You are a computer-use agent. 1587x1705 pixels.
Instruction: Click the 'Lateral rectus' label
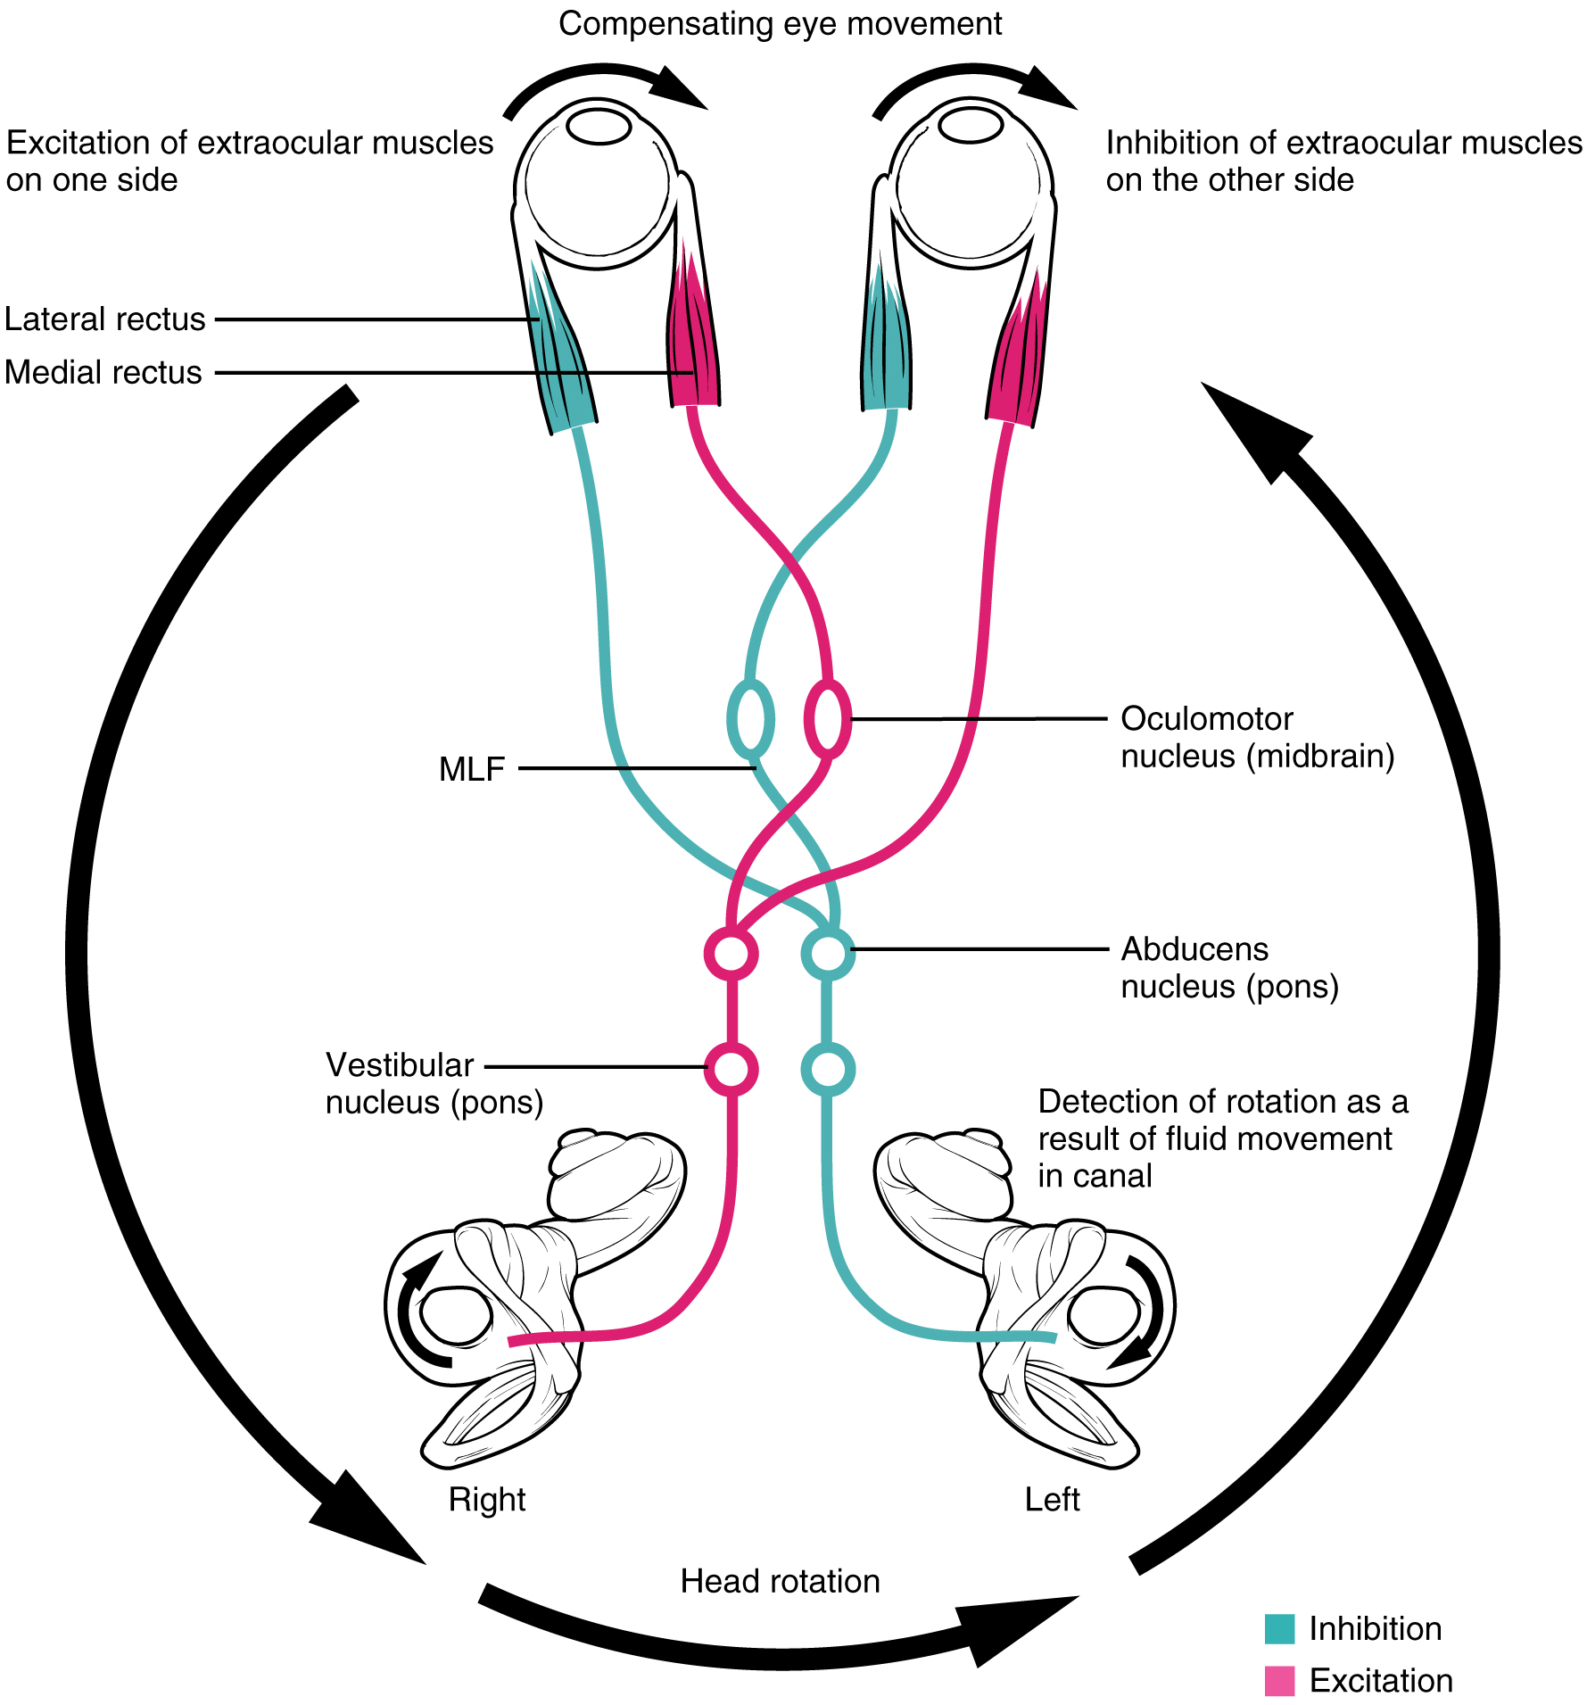point(105,319)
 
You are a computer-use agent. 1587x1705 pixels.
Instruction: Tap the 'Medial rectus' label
point(103,373)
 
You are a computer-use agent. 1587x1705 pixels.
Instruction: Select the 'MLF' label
point(472,769)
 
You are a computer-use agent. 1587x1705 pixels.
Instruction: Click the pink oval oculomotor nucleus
point(828,719)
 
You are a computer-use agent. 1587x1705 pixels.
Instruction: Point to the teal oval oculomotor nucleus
point(750,719)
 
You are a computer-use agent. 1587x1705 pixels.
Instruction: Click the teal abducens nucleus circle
point(828,953)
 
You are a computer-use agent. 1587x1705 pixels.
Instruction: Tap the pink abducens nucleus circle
point(732,953)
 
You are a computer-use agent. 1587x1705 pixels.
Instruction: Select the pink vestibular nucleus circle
point(732,1068)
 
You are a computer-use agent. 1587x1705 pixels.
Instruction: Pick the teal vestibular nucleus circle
point(828,1069)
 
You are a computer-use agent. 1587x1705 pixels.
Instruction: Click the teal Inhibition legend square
point(1279,1628)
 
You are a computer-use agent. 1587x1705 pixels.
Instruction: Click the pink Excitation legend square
point(1279,1681)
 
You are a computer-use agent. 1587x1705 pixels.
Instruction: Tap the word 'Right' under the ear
point(487,1500)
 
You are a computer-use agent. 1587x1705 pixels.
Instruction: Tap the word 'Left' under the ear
point(1052,1500)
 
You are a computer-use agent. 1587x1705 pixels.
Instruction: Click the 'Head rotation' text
point(780,1582)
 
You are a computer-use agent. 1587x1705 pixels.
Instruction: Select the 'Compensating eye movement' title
point(780,24)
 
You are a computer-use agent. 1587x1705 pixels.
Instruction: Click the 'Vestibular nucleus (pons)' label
point(434,1084)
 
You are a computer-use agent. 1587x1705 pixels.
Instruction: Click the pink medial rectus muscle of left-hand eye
point(692,339)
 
